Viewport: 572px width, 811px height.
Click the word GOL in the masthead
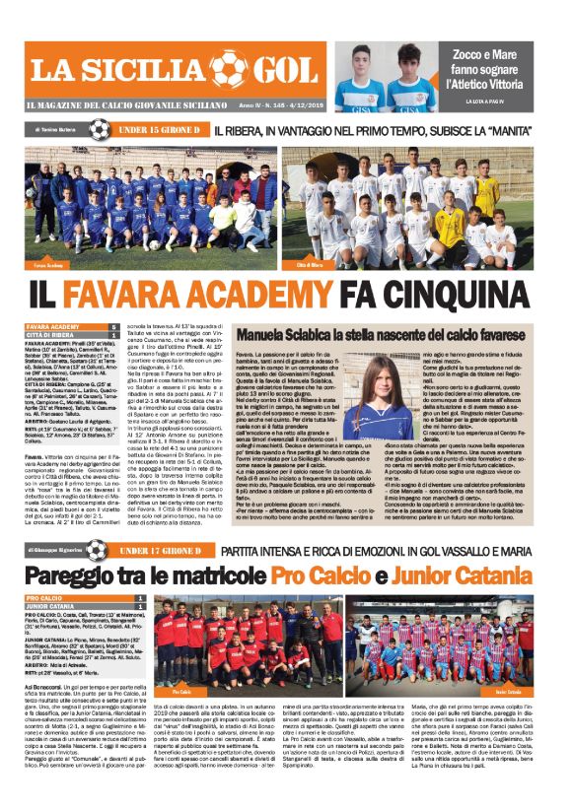pyautogui.click(x=280, y=69)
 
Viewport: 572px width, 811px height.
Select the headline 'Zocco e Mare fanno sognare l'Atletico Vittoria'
pyautogui.click(x=494, y=68)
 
